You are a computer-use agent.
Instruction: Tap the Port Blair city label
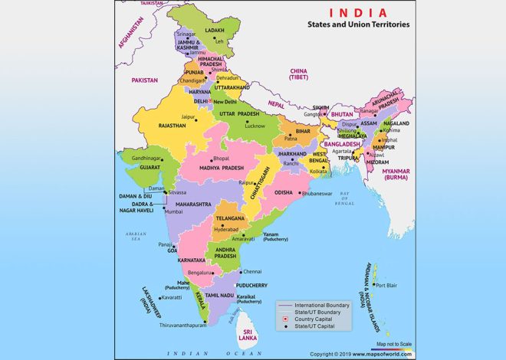point(387,285)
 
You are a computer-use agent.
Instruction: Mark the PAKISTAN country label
point(143,80)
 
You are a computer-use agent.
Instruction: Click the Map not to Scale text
point(393,344)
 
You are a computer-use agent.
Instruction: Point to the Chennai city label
point(252,271)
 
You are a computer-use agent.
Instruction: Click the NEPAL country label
point(275,103)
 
